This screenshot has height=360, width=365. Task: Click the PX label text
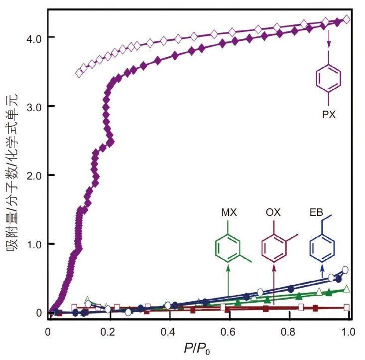(x=329, y=115)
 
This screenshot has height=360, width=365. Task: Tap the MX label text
(x=229, y=212)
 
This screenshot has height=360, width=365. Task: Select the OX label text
(x=273, y=212)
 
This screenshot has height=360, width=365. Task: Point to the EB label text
(x=316, y=212)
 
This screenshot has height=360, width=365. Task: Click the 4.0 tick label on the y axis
(x=34, y=37)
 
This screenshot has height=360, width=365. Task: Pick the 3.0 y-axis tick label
(x=34, y=106)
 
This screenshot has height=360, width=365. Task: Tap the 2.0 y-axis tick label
(x=34, y=176)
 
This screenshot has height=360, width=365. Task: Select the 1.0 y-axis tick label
(x=34, y=244)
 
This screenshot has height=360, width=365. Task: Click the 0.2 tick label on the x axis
(x=108, y=332)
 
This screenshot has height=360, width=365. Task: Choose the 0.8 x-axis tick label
(x=288, y=332)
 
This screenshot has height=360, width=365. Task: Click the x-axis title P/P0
(x=197, y=349)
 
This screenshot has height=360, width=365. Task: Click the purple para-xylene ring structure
(x=329, y=78)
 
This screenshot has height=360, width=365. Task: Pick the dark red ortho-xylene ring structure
(x=274, y=247)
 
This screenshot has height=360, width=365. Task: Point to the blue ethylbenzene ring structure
(x=322, y=247)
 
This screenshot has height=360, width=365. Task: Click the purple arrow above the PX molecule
(x=329, y=39)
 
